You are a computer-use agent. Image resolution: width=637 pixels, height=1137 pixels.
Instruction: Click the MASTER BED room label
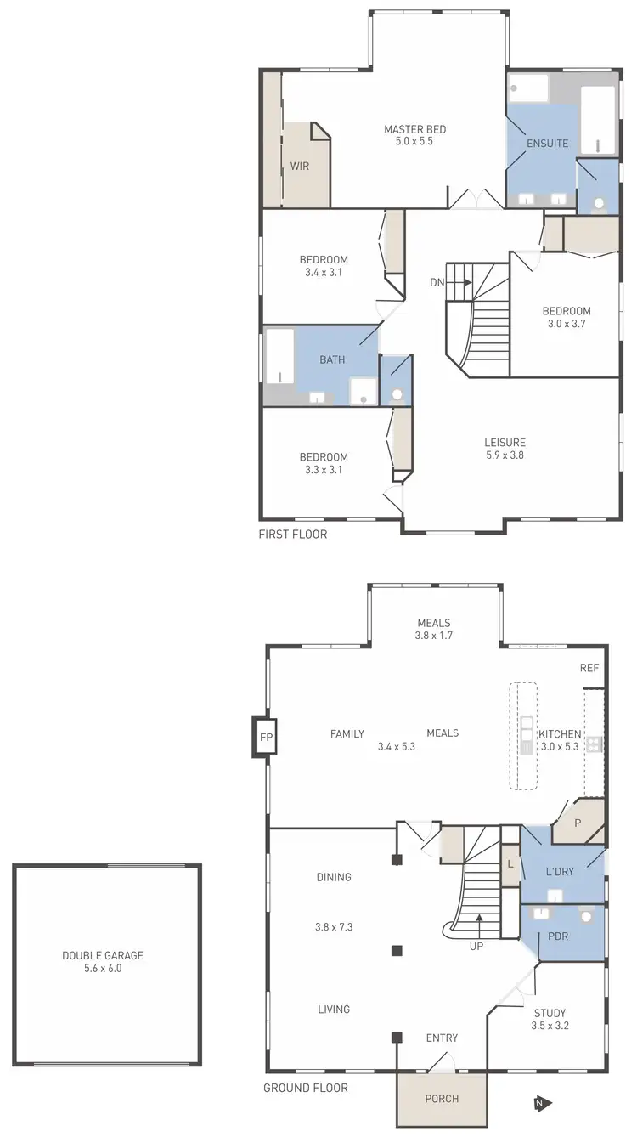click(x=414, y=129)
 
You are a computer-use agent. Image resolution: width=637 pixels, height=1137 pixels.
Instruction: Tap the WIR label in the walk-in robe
click(x=300, y=166)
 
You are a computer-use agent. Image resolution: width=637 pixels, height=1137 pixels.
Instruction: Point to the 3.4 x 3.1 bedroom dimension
click(x=324, y=273)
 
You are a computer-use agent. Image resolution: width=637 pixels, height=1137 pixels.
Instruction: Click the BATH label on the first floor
click(x=332, y=359)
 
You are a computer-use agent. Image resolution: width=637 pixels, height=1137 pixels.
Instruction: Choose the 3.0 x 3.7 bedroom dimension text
click(x=567, y=324)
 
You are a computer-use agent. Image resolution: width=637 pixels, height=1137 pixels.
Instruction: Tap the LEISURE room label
click(x=505, y=442)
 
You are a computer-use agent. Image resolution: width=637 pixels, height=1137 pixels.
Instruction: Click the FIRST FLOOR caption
click(x=293, y=535)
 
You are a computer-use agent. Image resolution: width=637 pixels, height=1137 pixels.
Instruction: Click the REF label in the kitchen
click(x=589, y=668)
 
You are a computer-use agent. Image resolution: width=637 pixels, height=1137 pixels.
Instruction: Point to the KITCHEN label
click(x=560, y=734)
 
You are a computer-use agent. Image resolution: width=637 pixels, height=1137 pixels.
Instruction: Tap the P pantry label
click(x=578, y=823)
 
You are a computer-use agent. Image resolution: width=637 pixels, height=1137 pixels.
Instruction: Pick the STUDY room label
click(x=550, y=1012)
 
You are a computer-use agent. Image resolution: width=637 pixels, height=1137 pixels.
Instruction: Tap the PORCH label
click(x=442, y=1099)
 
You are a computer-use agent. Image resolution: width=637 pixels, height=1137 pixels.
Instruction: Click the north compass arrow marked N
click(x=542, y=1103)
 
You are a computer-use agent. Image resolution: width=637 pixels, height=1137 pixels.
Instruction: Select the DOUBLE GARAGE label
click(x=103, y=955)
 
